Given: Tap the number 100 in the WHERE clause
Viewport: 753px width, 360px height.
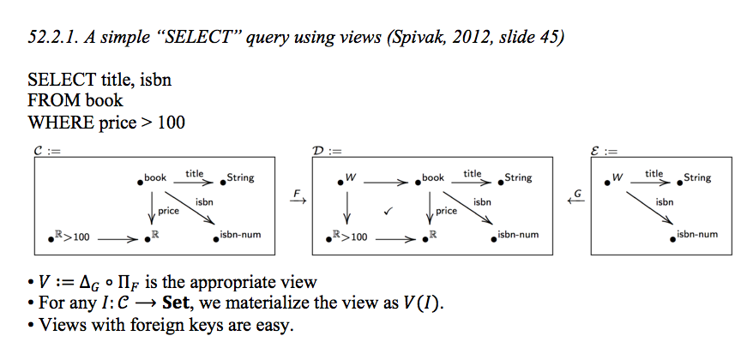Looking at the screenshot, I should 171,122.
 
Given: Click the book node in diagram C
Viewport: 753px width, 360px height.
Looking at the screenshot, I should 153,178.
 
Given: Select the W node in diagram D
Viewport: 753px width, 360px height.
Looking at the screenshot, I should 350,178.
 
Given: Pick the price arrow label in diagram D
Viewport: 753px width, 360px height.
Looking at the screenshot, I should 446,210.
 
